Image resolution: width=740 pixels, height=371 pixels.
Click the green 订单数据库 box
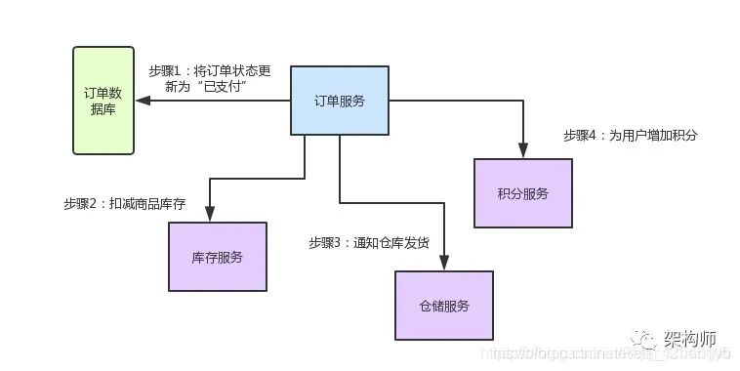[103, 101]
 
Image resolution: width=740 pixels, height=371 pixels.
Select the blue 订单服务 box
[340, 100]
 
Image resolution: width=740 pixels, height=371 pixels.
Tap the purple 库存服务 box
[217, 257]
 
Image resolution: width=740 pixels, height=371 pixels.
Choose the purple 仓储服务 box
[443, 306]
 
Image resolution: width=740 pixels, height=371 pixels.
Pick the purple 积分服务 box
[522, 192]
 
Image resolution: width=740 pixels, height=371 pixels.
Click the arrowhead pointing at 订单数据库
[143, 101]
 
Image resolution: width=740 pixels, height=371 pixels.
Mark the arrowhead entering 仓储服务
[444, 263]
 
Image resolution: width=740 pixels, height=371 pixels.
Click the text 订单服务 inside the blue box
[340, 101]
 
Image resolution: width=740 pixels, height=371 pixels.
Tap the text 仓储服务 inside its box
[443, 306]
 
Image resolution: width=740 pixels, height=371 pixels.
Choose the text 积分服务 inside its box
[522, 192]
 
